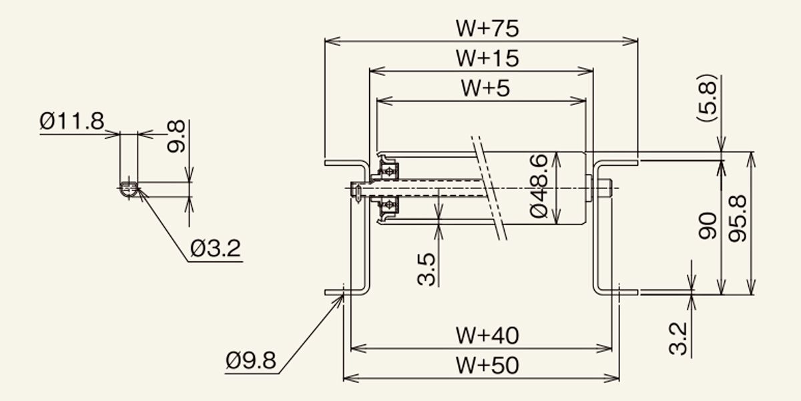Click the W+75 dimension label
click(487, 29)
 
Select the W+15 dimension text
click(487, 58)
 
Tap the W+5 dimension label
click(485, 88)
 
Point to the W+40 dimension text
click(487, 336)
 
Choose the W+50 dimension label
click(487, 366)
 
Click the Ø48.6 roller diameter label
click(539, 186)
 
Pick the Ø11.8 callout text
click(72, 121)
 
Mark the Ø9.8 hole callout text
click(251, 360)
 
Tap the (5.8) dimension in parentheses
click(707, 98)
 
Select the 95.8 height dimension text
click(738, 219)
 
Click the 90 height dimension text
click(708, 226)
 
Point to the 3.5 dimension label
click(427, 269)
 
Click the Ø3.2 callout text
click(216, 249)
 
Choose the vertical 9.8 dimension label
click(176, 136)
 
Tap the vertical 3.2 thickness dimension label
click(678, 339)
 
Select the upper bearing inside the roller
click(388, 171)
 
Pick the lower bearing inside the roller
click(388, 206)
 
